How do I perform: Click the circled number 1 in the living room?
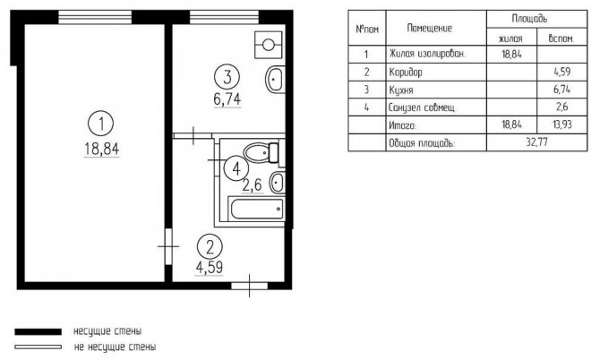pos(101,124)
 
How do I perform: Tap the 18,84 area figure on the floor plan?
pos(102,149)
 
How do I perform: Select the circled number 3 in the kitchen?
pos(227,77)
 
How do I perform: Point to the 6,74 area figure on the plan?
pos(227,99)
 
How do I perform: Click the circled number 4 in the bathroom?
pos(236,168)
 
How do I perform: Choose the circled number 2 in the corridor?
pos(210,247)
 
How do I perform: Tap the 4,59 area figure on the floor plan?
pos(210,268)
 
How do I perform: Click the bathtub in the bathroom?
pos(256,209)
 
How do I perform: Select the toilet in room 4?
pos(261,153)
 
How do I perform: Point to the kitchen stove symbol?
pos(269,45)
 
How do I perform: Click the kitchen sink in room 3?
pos(275,80)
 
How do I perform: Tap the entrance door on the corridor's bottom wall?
pos(249,286)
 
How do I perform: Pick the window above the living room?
pos(95,17)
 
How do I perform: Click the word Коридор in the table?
pos(406,72)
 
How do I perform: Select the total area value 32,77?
pos(536,142)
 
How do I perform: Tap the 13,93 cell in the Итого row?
pos(562,124)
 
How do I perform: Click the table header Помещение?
pos(430,28)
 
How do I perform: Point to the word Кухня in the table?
pos(401,90)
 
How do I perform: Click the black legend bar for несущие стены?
pos(38,331)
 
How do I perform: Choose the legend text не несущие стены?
pos(115,347)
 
